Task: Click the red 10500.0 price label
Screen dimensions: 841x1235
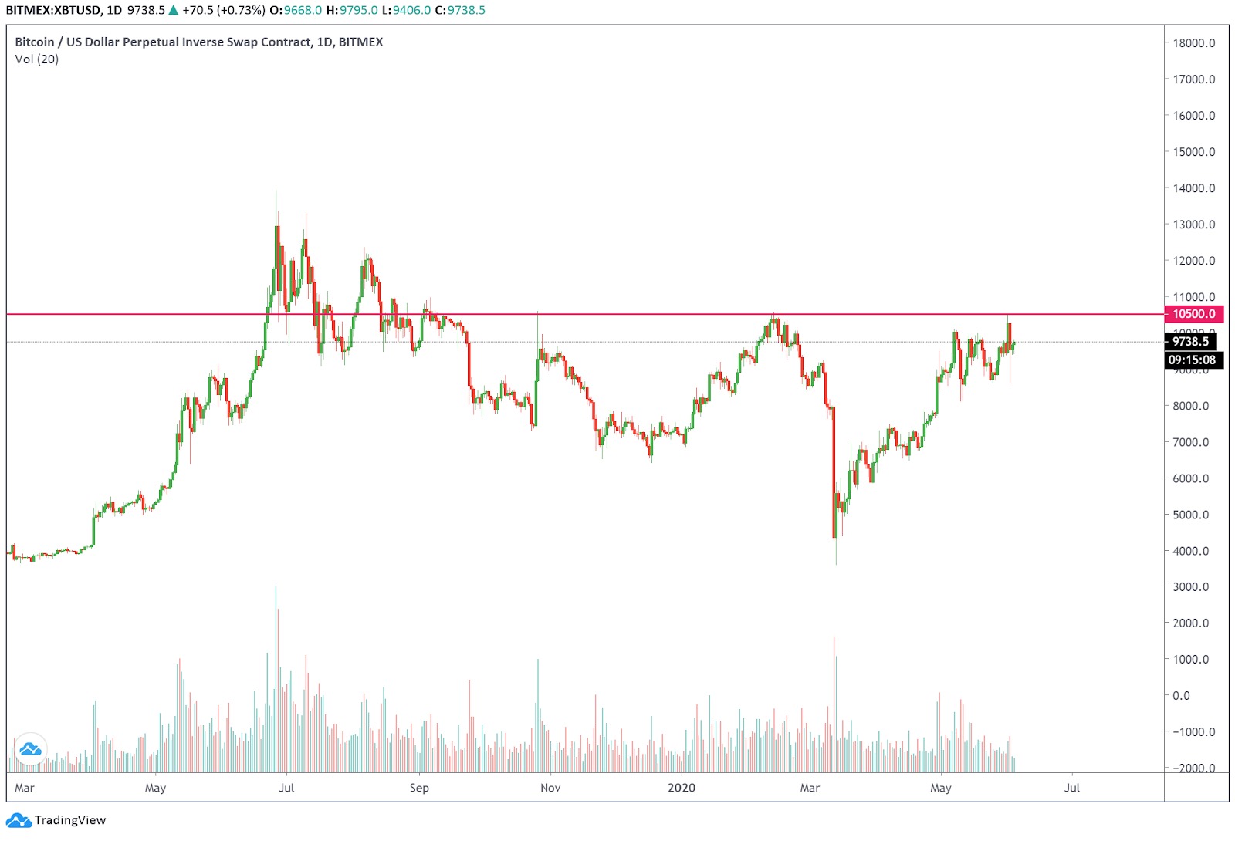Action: pos(1193,314)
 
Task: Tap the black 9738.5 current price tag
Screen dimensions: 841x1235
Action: pos(1190,341)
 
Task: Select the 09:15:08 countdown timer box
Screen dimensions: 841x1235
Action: pos(1192,360)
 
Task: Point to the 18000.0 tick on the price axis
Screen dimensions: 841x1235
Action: pos(1193,43)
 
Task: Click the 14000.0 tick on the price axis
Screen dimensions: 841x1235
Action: pos(1193,188)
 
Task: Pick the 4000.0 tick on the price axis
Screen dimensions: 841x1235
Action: pos(1190,551)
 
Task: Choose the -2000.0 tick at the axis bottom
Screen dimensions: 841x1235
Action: pos(1193,768)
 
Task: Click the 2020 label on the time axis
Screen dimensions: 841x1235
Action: pos(681,788)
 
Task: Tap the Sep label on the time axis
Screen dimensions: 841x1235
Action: pos(419,788)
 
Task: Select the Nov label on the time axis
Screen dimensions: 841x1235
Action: pos(550,788)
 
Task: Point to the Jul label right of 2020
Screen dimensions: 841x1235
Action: pos(1071,788)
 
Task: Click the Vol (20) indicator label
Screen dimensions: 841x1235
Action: pos(37,59)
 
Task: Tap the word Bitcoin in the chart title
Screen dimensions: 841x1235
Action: pos(35,42)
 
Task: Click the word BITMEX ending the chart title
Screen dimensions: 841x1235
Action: pos(360,42)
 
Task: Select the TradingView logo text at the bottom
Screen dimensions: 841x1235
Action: pos(69,820)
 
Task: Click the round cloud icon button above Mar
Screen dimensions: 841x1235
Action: pos(30,748)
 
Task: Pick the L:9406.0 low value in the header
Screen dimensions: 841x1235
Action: pos(406,10)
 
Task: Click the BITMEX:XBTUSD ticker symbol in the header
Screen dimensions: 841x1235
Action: pos(53,10)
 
